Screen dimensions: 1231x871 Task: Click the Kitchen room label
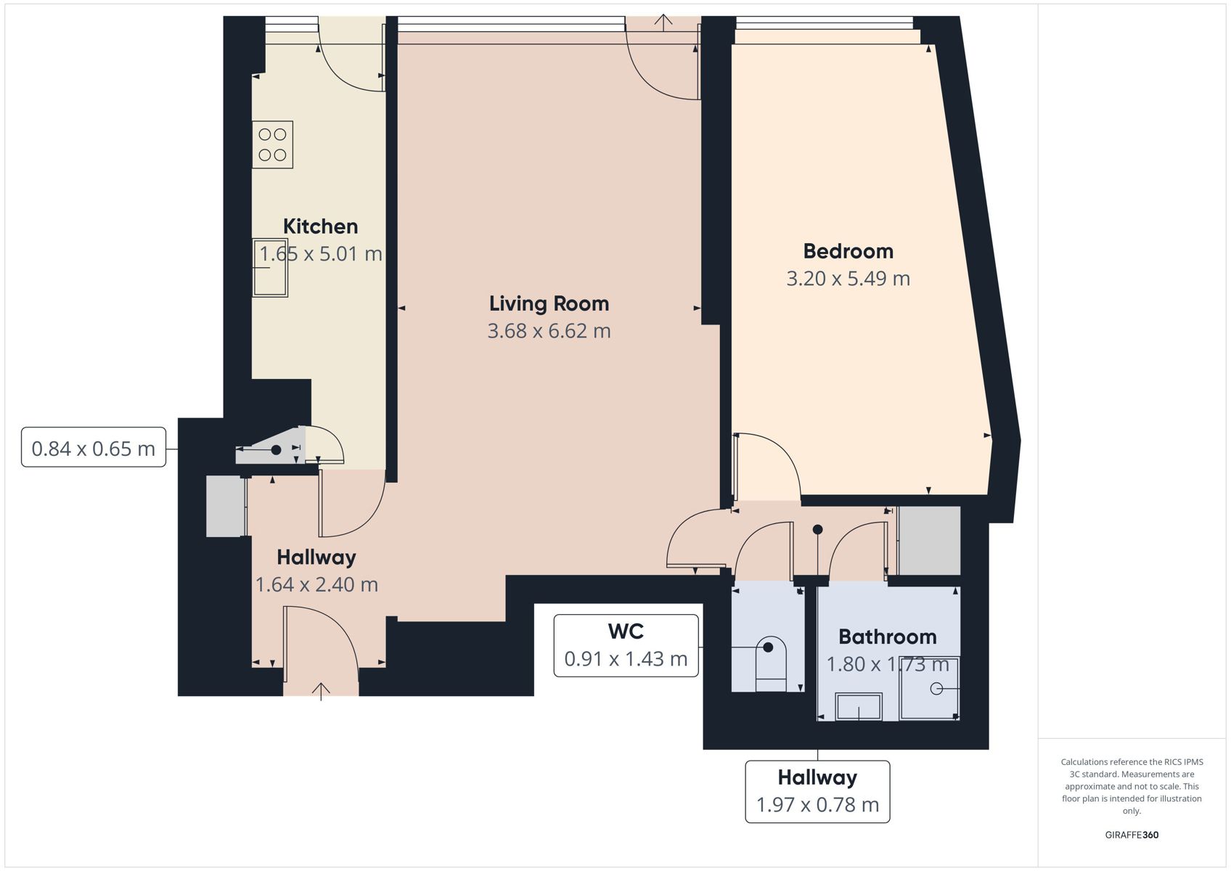coord(320,226)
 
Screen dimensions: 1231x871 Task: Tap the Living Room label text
coord(549,303)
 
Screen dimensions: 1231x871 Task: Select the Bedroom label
coord(848,251)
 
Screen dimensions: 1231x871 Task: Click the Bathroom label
coord(888,637)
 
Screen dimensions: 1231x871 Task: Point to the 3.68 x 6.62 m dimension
coord(549,331)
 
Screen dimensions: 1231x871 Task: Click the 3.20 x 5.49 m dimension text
coord(848,279)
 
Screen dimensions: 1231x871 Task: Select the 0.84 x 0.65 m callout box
coord(94,447)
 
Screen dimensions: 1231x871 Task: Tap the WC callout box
coord(626,646)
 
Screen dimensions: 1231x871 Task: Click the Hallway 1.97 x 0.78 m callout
coord(817,792)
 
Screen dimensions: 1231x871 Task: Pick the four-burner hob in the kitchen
coord(273,144)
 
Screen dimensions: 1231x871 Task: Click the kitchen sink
coord(271,268)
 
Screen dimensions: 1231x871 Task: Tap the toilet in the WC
coord(771,664)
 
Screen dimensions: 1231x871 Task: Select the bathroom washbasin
coord(859,706)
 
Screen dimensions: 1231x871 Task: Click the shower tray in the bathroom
coord(929,688)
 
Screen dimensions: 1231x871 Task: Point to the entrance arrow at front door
coord(321,691)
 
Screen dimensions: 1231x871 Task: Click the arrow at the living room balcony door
coord(663,22)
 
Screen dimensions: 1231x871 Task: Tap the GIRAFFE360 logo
coord(1132,835)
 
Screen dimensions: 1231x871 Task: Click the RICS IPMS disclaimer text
coord(1132,786)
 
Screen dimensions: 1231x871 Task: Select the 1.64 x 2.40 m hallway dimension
coord(316,585)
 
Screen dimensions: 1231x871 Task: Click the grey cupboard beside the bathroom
coord(929,541)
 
